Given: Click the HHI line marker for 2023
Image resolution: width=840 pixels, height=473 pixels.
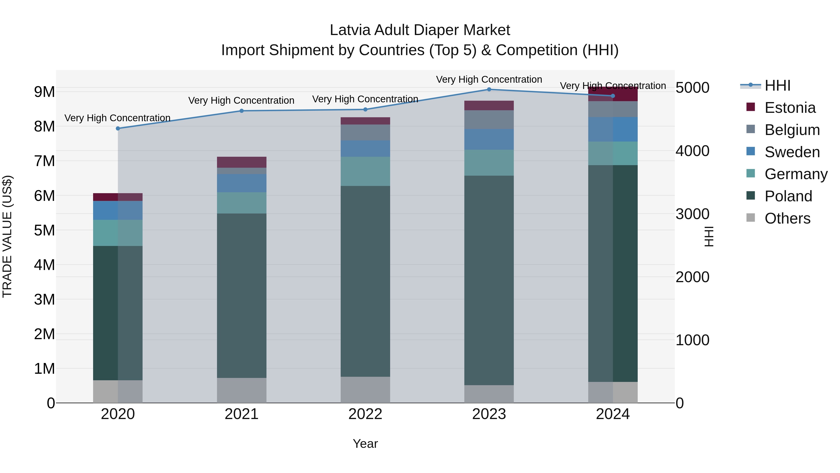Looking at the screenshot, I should tap(489, 89).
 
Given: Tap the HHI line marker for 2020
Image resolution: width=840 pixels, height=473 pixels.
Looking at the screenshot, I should tap(118, 129).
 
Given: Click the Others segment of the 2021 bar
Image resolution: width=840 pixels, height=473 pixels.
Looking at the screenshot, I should tap(242, 390).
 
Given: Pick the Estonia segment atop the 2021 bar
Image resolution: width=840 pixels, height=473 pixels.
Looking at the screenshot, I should tap(242, 162).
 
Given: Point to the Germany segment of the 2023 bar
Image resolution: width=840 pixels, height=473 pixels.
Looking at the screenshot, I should tap(489, 163).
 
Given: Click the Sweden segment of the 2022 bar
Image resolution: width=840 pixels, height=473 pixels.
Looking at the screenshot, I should tap(365, 149).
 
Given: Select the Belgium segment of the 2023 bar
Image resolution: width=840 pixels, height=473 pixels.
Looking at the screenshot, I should tap(489, 119).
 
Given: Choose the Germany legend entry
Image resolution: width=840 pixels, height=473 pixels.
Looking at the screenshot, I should tap(796, 174).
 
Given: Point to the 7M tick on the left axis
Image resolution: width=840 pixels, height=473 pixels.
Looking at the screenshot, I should tap(44, 161).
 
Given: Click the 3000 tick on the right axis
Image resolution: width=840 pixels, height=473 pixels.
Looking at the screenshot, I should tap(692, 214).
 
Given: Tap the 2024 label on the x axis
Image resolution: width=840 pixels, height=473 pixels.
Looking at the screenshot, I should tap(613, 414).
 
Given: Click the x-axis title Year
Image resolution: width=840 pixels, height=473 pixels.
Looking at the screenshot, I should tap(365, 444).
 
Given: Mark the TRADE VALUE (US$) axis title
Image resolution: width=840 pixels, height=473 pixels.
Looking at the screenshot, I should tap(7, 236).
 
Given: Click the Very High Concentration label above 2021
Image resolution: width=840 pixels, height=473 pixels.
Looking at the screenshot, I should tap(241, 100).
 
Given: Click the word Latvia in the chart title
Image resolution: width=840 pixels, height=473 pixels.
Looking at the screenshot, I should tap(350, 30).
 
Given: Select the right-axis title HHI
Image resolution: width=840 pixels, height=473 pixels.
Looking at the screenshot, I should tap(709, 236).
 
